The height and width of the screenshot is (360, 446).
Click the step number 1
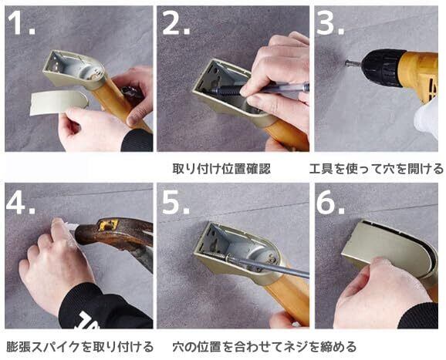[x=21, y=23]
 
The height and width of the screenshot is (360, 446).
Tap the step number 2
[x=176, y=23]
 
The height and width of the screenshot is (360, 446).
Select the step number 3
[x=330, y=23]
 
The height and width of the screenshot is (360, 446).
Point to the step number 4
[x=21, y=202]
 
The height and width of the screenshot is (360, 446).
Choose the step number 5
[x=175, y=202]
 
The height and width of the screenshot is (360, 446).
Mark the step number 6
[x=330, y=202]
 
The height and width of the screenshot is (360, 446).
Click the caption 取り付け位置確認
[x=221, y=169]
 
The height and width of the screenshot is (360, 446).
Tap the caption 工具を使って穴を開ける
[x=377, y=169]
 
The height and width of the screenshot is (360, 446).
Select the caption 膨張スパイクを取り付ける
[x=80, y=347]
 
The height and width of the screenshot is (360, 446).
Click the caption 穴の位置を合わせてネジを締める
[x=264, y=347]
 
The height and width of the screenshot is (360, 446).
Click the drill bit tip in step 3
[x=346, y=62]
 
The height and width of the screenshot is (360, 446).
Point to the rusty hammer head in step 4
[x=113, y=233]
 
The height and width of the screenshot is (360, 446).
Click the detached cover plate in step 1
[x=59, y=103]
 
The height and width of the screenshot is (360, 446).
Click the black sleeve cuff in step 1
[x=137, y=140]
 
